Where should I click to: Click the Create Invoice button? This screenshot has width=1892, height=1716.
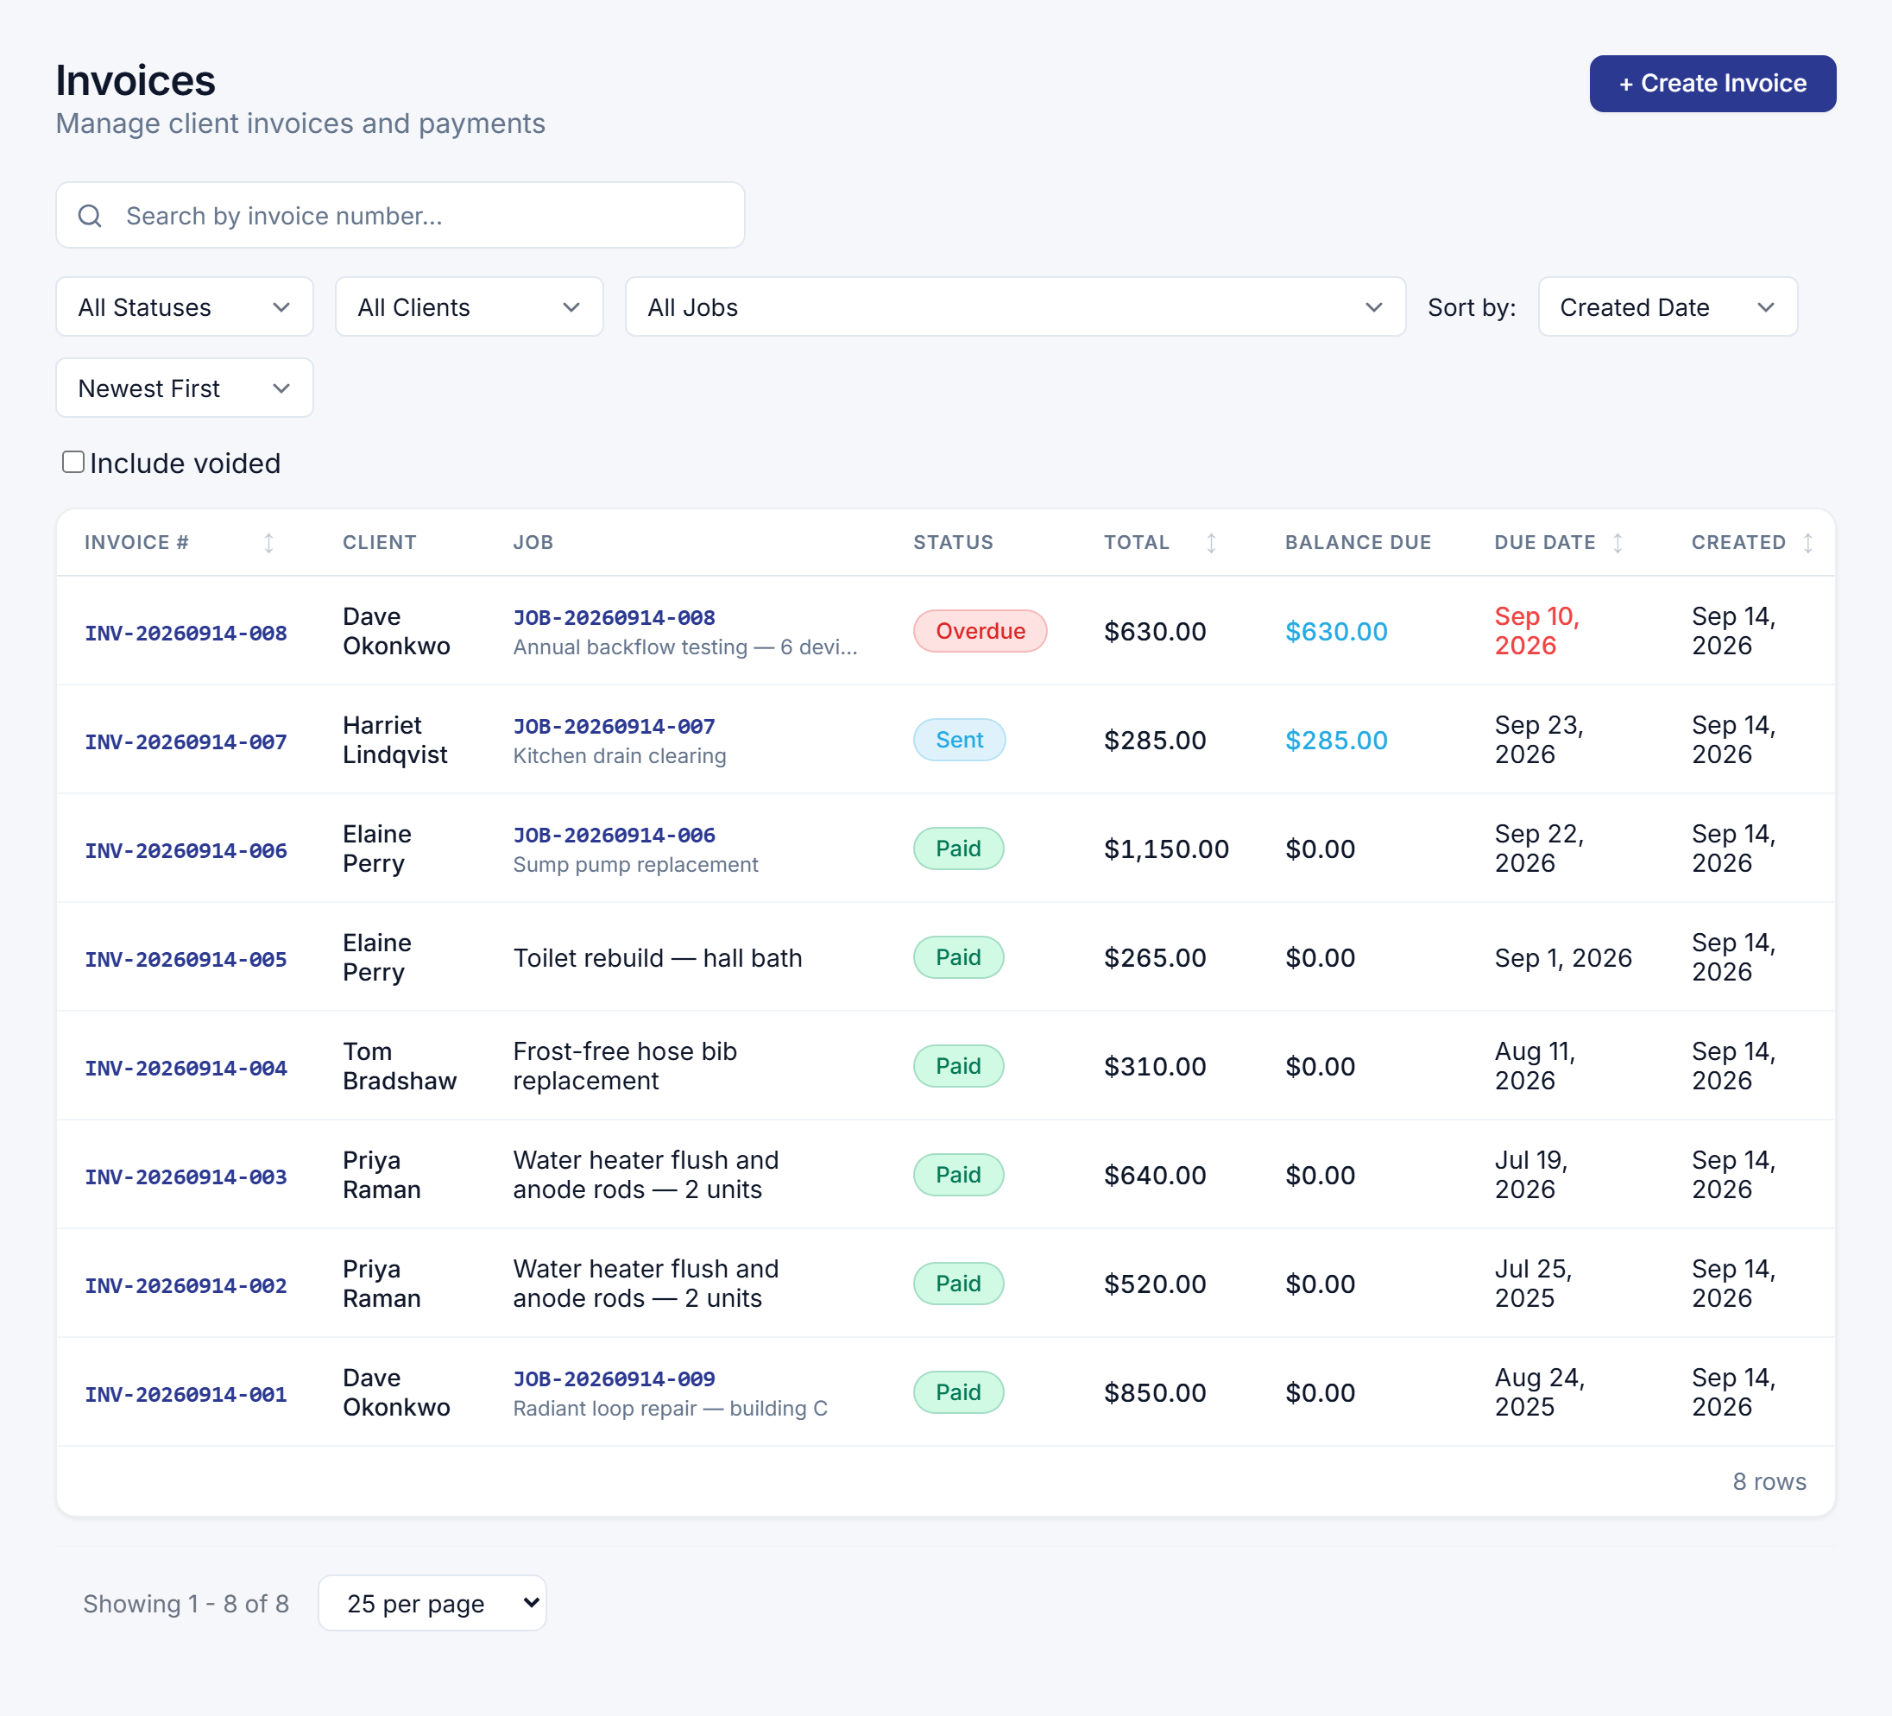[1712, 84]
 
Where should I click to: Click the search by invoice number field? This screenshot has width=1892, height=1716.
[400, 215]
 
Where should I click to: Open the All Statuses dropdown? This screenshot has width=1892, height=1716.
[184, 307]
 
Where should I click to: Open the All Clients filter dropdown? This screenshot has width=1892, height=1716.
[469, 307]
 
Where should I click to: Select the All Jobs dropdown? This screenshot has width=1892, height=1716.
[1014, 307]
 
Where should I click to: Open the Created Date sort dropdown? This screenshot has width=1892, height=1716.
[1667, 307]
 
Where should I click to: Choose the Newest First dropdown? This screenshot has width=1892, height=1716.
[184, 388]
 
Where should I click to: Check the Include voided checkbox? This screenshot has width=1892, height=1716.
[73, 462]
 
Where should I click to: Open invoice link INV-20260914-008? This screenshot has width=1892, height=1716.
[186, 633]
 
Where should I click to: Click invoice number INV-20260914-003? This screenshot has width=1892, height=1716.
[186, 1177]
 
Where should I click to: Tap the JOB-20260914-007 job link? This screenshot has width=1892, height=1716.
[614, 726]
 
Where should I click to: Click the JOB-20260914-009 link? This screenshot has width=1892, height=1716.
[614, 1378]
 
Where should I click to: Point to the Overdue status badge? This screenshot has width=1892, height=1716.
[980, 631]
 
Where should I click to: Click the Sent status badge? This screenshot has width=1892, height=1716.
[959, 740]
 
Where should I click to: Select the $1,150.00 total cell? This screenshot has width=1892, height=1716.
[1165, 849]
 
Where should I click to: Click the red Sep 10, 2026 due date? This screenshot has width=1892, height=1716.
[1536, 631]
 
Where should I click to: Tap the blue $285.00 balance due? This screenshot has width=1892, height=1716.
[1335, 740]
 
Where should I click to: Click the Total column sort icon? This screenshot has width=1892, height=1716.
[1211, 543]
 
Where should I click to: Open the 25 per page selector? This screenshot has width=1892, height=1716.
[432, 1602]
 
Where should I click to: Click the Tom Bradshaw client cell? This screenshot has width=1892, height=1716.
[399, 1065]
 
